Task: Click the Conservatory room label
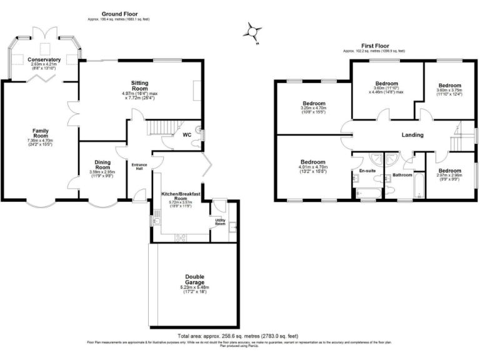point(44,60)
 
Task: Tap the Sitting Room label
point(139,86)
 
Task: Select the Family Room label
point(41,134)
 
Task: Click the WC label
point(186,134)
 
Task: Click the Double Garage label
point(194,279)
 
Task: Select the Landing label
point(412,135)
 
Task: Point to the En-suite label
point(367,170)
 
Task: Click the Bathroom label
point(402,175)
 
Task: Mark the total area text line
point(239,336)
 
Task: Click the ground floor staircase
point(164,127)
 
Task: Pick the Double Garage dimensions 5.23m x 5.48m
point(194,288)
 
